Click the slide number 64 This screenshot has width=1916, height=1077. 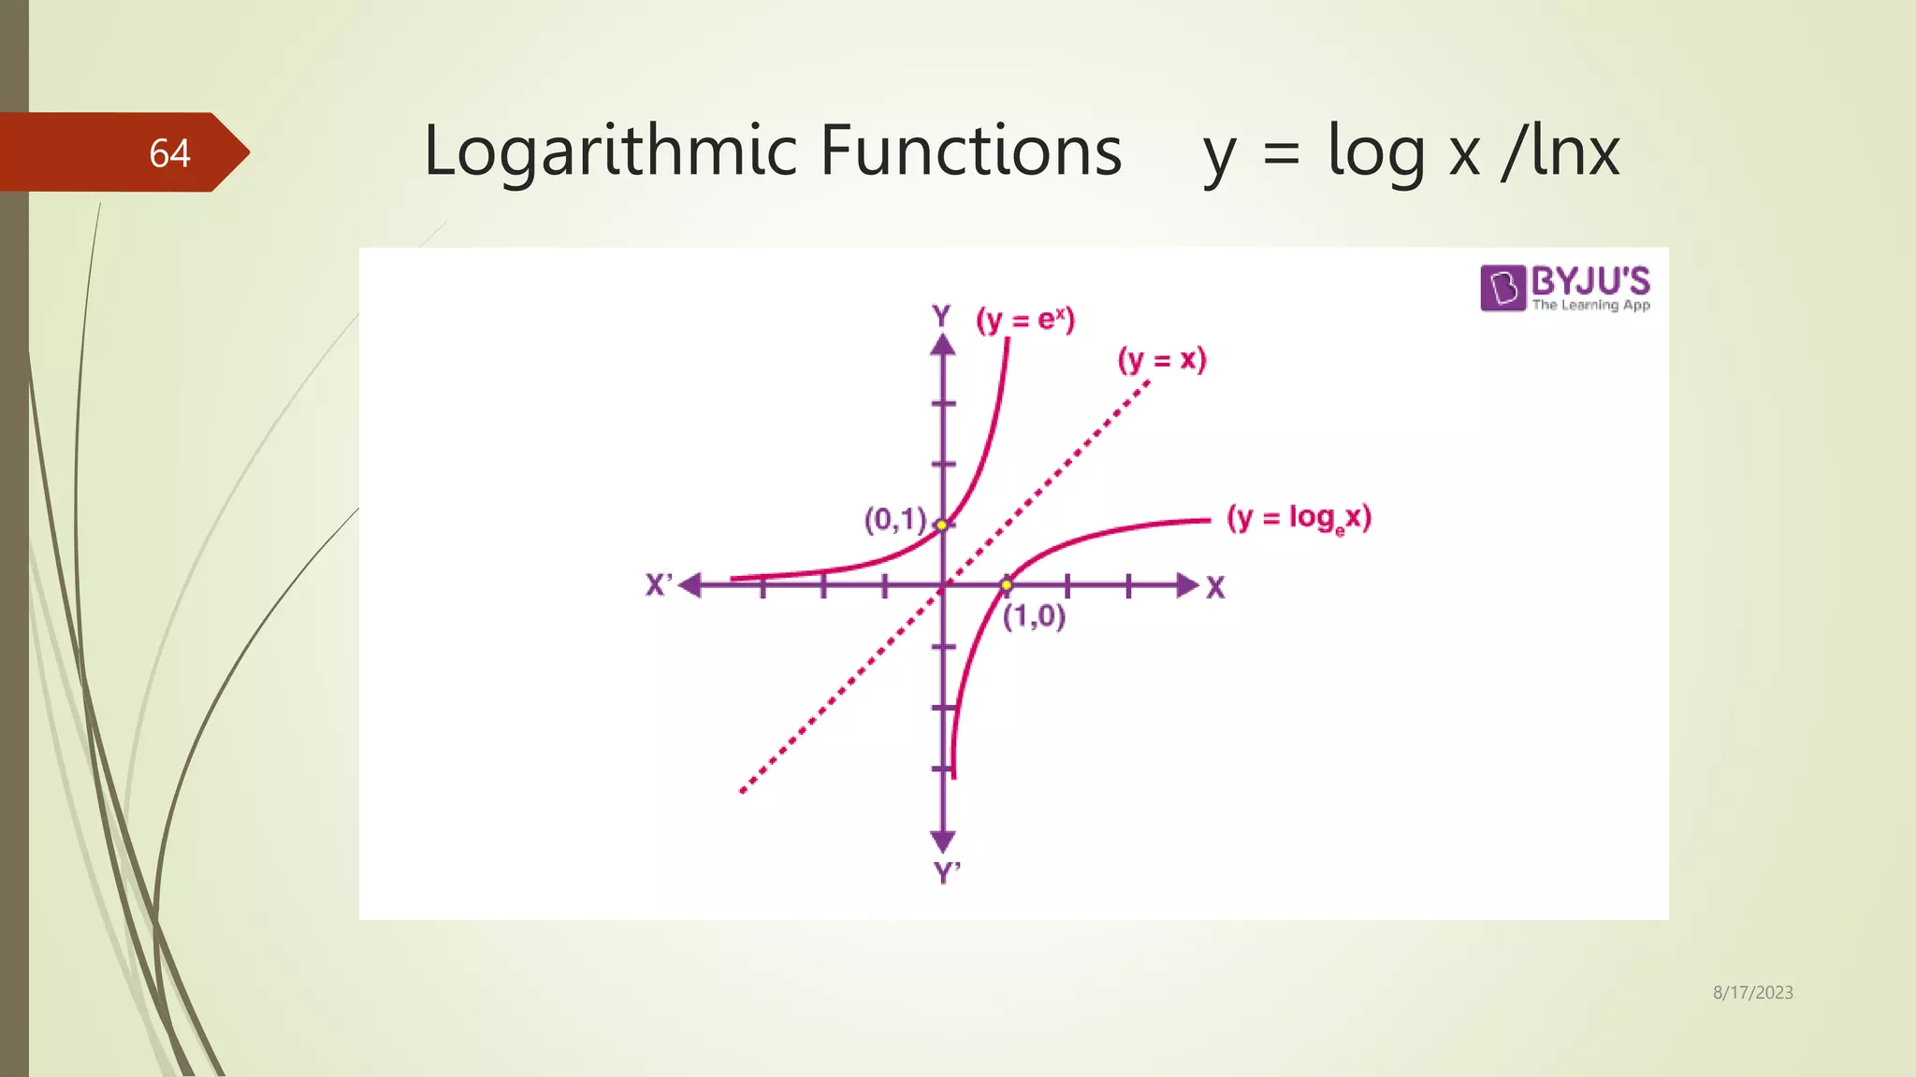[x=169, y=153]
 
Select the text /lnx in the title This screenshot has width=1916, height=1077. [x=1560, y=151]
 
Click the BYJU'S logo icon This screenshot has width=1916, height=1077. [x=1502, y=287]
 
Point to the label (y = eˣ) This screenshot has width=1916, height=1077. [x=1025, y=320]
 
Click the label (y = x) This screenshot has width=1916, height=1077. [x=1162, y=360]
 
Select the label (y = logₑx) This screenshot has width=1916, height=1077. [x=1299, y=518]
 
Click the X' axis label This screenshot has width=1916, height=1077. [x=659, y=585]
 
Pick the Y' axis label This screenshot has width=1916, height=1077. [x=947, y=873]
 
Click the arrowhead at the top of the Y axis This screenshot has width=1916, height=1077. [x=943, y=345]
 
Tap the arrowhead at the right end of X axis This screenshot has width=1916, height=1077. [x=1187, y=585]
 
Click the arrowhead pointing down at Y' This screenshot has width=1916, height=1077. [x=943, y=840]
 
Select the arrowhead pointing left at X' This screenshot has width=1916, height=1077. [x=690, y=585]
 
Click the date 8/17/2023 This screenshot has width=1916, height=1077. [x=1752, y=993]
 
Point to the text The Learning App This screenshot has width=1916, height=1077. [x=1590, y=305]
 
